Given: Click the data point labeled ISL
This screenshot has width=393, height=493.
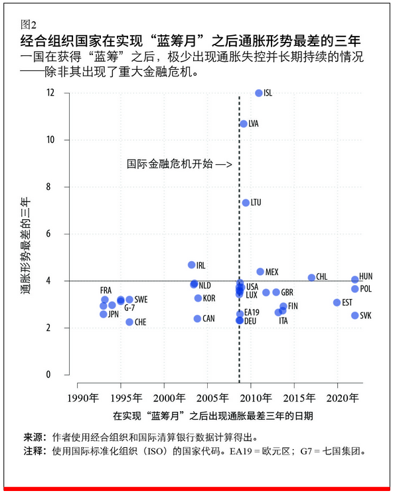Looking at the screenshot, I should [x=259, y=93].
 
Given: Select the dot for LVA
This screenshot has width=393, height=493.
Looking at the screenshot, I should [x=244, y=124].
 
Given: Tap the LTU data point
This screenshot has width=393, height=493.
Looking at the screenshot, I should [x=246, y=203].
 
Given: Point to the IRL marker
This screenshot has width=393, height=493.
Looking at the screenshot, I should [x=192, y=265].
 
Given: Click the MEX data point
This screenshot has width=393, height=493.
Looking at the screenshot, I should [x=260, y=272].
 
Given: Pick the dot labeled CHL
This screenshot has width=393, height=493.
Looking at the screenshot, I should [x=311, y=277].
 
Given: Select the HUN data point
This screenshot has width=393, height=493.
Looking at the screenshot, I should [x=355, y=280].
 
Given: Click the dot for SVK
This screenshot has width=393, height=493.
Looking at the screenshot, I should [x=355, y=316].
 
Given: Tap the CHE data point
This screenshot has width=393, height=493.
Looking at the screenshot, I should [x=129, y=322].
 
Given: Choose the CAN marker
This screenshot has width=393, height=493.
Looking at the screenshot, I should [x=197, y=319].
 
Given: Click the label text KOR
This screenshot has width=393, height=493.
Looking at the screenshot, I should [x=209, y=298].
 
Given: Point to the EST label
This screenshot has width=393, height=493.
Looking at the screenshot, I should [x=347, y=303].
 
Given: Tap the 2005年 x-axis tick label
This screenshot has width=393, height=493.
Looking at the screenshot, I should [x=208, y=397].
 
